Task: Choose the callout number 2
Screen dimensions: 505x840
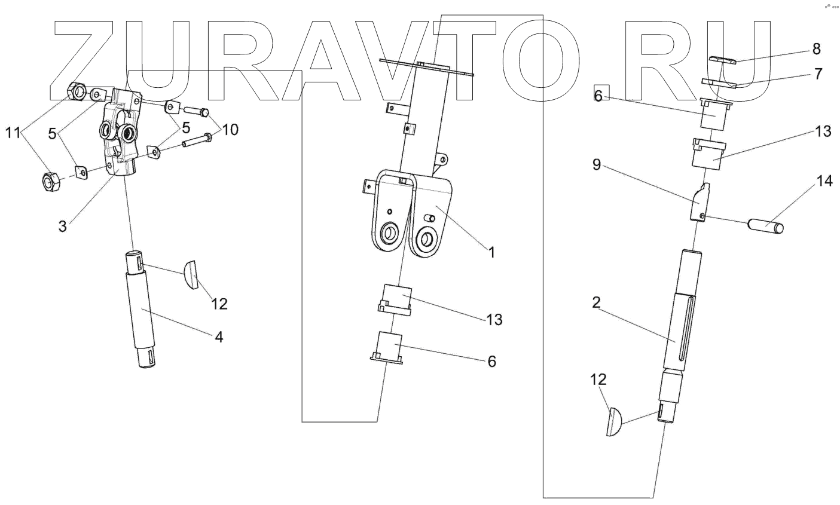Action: [x=596, y=302]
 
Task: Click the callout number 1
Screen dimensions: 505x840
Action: [x=491, y=252]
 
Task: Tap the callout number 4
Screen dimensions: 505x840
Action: [x=219, y=336]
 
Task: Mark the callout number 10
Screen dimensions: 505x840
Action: [x=230, y=128]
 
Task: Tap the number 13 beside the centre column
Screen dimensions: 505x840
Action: [x=494, y=319]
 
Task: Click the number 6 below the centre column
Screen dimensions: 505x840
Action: [x=492, y=361]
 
